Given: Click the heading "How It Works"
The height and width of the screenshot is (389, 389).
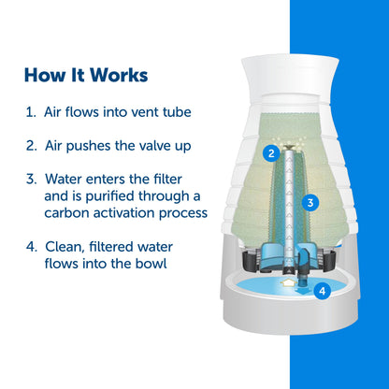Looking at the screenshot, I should coord(86,75).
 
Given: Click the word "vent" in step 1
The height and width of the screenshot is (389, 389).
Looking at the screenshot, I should coord(138,112).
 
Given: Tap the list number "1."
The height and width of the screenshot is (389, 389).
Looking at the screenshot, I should coord(31,112).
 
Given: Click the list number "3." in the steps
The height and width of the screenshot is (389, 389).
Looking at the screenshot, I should coord(31,180).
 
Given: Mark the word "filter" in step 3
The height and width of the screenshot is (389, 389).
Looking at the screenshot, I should coord(173,180).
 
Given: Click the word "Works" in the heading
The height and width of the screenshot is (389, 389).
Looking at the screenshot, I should coord(117,75).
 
